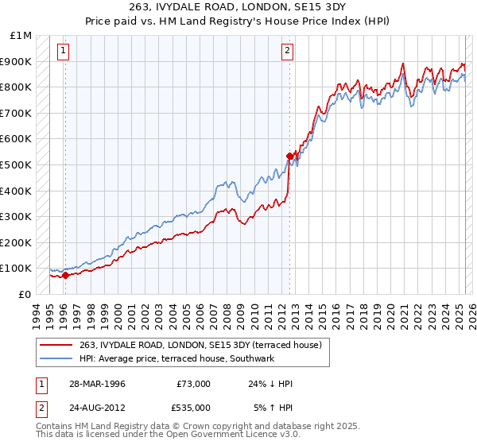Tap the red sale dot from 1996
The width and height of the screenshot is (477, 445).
pyautogui.click(x=65, y=276)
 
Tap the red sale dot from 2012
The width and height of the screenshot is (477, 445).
pyautogui.click(x=289, y=156)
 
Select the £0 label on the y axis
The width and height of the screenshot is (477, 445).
pyautogui.click(x=24, y=294)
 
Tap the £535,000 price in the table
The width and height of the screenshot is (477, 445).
pyautogui.click(x=193, y=407)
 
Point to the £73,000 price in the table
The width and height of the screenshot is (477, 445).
pyautogui.click(x=193, y=384)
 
